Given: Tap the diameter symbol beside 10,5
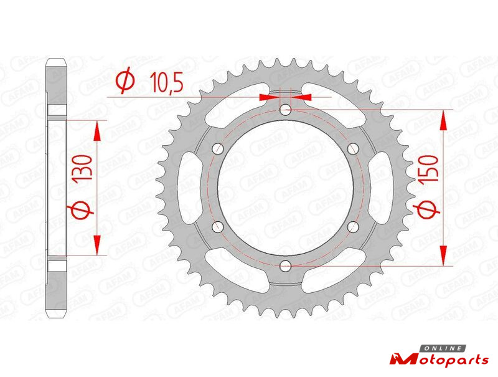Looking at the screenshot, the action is (126, 80).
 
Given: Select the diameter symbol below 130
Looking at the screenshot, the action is (80, 211).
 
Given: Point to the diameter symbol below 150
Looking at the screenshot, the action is (427, 210).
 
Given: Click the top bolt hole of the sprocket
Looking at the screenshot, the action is (286, 110).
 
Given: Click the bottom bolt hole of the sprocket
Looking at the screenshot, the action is (286, 265).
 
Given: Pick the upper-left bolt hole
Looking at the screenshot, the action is (218, 148).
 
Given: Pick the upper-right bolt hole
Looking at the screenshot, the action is (353, 148).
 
